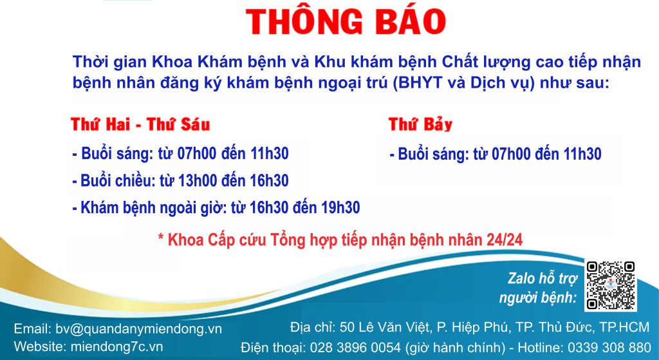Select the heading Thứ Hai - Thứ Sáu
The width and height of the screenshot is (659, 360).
(x=140, y=124)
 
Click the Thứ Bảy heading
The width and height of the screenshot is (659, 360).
(x=420, y=124)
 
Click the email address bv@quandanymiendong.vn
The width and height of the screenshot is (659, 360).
(x=139, y=329)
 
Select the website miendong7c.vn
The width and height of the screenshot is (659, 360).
(x=116, y=346)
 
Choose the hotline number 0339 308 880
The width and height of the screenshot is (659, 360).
(x=609, y=348)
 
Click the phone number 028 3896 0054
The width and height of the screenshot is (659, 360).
(x=355, y=348)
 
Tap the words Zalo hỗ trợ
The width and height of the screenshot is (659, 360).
(x=543, y=278)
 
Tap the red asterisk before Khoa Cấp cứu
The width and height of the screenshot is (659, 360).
(x=161, y=236)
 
